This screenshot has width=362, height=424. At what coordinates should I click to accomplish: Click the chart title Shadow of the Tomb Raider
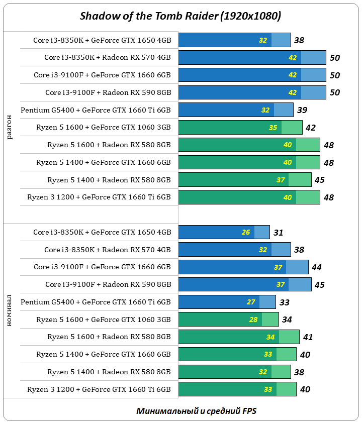180,16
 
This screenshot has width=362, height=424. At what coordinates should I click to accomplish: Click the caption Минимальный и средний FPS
196,411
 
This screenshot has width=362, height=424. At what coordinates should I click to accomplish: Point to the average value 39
302,110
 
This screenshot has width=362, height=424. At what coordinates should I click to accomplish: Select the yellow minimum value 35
273,128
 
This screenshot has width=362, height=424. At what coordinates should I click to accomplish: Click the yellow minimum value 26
246,233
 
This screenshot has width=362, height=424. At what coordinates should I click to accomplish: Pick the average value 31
279,233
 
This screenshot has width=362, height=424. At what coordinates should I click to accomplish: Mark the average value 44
316,267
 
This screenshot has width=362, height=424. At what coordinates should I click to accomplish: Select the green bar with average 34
228,320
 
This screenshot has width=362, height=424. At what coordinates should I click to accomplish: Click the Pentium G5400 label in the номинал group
96,302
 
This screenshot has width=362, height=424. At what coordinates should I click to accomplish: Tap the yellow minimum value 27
251,302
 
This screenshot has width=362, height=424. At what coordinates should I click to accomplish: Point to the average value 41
308,337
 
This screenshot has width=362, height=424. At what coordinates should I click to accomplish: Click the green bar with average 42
240,128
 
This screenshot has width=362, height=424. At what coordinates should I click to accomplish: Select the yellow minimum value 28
253,320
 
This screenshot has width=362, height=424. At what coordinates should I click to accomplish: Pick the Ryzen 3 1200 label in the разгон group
99,197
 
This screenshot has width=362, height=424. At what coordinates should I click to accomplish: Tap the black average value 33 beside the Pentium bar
284,302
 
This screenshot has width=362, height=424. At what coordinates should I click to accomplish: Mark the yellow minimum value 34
270,337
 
